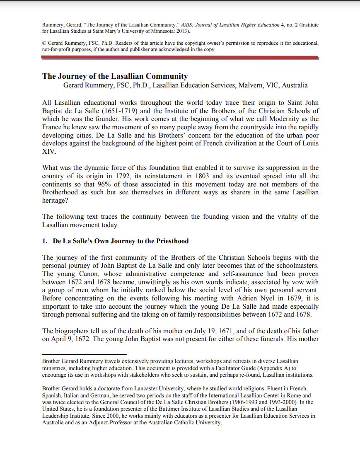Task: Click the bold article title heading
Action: click(115, 76)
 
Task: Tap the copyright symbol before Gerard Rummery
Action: click(44, 43)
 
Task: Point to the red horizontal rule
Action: click(180, 57)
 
